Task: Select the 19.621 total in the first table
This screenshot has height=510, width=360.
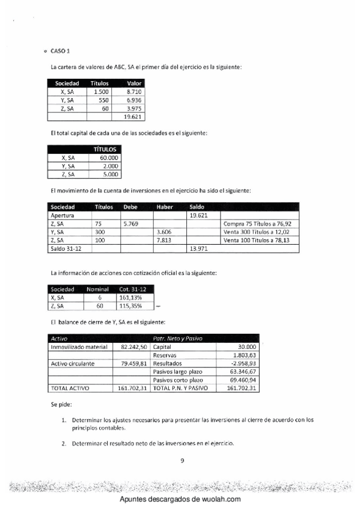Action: pos(131,117)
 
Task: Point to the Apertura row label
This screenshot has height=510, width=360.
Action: pos(61,215)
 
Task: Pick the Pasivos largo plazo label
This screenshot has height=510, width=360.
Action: pos(178,372)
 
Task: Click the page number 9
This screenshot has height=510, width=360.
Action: pos(182,461)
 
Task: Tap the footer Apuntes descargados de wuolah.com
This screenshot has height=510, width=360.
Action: pos(180,500)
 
